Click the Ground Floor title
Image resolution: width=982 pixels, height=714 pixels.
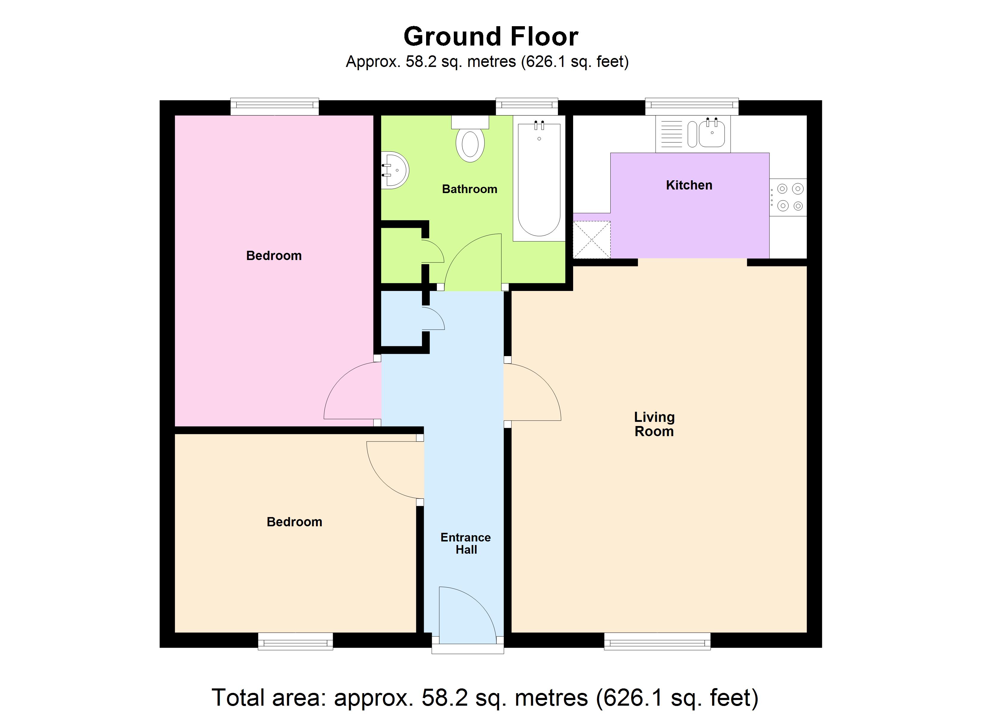pos(491,37)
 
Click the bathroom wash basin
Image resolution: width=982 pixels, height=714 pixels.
pos(395,170)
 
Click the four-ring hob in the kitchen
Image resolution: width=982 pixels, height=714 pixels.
pos(790,197)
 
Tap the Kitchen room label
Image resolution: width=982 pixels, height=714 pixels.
pos(689,185)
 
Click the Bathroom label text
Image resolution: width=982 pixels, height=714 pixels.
pos(469,189)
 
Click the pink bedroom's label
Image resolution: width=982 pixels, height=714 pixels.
pos(274,256)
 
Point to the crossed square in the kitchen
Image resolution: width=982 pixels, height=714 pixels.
pos(592,240)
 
